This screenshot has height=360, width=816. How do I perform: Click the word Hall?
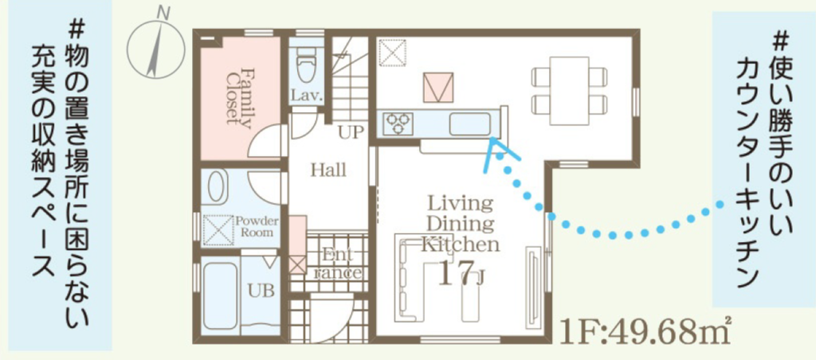click(x=328, y=170)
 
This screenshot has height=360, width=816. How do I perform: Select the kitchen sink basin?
click(x=470, y=124)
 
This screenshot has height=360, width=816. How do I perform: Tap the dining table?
click(x=569, y=90)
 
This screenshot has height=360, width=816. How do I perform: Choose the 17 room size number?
click(x=453, y=273)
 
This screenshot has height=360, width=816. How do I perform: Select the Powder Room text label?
click(x=257, y=226)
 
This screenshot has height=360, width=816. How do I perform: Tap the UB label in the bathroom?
click(x=261, y=290)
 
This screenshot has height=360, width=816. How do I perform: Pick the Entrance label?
click(x=338, y=264)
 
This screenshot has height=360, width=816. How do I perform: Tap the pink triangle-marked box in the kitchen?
click(x=438, y=88)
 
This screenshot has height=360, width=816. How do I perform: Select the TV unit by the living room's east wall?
click(x=534, y=286)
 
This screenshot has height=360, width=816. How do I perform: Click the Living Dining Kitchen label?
click(x=460, y=224)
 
